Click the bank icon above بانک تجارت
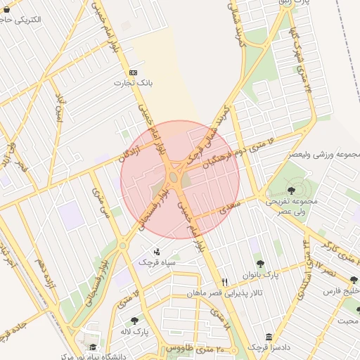point(134,72)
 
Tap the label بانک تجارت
point(134,83)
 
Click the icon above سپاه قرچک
point(156,251)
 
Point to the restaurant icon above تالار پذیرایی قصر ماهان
point(224,280)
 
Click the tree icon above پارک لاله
point(134,320)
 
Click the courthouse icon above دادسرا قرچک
point(268,337)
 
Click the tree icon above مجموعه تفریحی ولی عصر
point(291,190)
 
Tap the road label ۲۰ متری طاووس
point(191,348)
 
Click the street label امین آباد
point(59,112)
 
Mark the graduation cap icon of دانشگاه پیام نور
point(94,347)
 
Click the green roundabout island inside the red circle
point(173,177)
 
